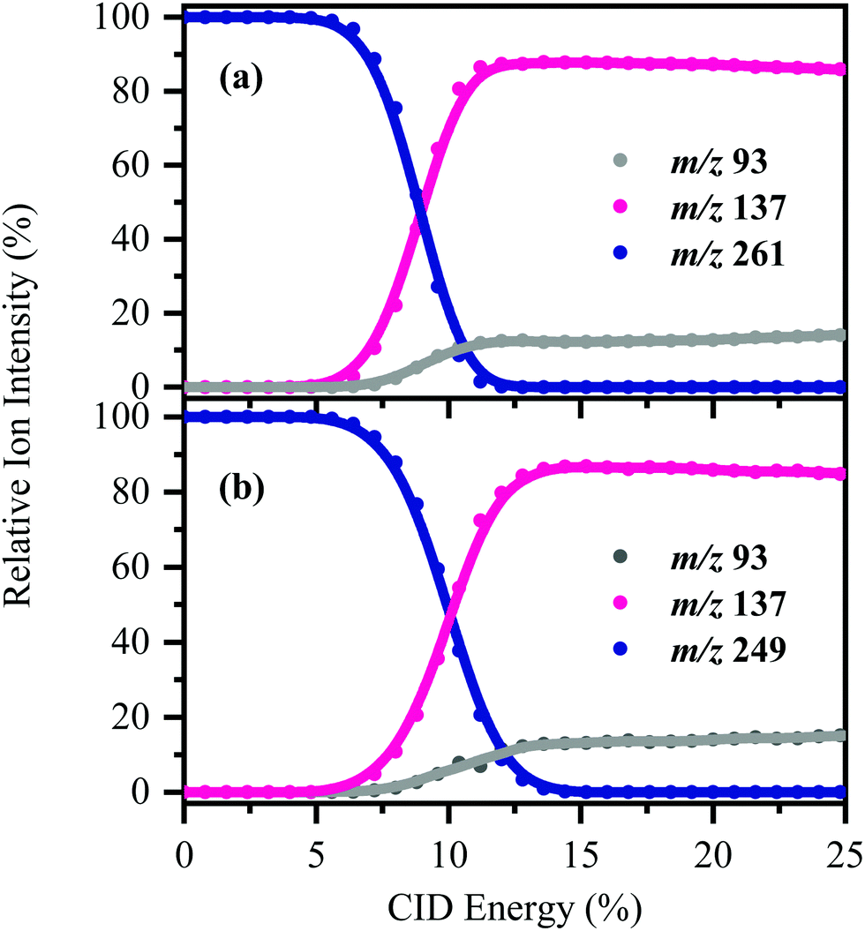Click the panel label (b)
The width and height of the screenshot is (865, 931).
pyautogui.click(x=242, y=487)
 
